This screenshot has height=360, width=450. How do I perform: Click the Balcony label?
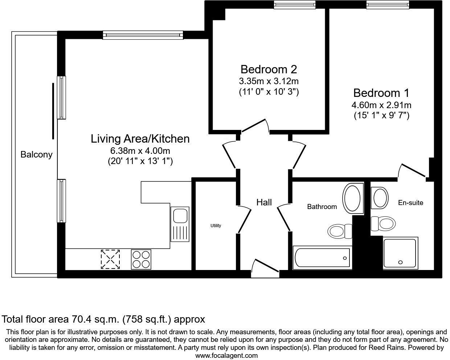point(36,155)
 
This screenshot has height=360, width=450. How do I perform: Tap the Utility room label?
point(216,226)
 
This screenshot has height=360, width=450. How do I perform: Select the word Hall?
point(264,202)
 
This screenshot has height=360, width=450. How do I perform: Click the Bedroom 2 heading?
point(269,69)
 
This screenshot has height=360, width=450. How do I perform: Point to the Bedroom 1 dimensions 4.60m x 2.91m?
point(381,106)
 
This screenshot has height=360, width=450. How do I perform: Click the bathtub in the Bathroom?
point(322,258)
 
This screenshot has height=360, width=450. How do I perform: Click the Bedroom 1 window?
point(388,5)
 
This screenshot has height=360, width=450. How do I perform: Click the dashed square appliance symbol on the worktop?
point(110,259)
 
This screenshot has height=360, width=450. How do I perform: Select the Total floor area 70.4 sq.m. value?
point(103,319)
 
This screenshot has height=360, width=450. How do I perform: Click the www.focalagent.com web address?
point(226,356)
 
